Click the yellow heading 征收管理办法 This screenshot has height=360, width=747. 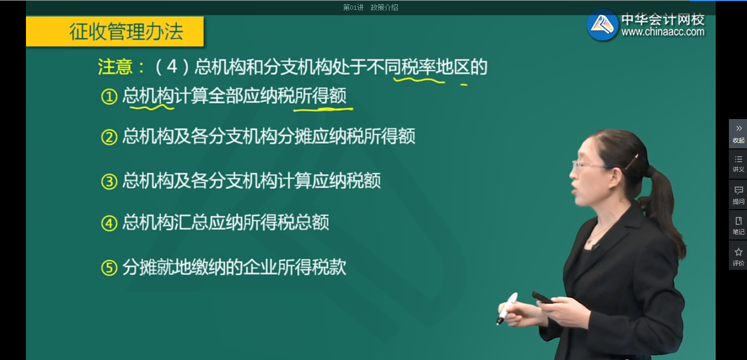click(x=126, y=32)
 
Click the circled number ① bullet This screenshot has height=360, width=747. click(x=108, y=96)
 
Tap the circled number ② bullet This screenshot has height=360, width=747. click(x=108, y=137)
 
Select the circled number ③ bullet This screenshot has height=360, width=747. click(x=108, y=182)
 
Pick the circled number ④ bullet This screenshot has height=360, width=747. click(x=108, y=223)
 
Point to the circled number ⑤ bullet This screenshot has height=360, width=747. click(x=108, y=267)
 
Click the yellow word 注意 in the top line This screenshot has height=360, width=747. click(x=115, y=67)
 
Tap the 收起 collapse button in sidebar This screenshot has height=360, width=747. click(x=738, y=133)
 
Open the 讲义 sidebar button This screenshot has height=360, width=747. click(x=738, y=164)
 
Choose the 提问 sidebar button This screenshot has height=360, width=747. click(x=738, y=194)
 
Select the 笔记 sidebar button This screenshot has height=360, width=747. click(x=738, y=225)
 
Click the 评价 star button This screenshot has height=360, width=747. click(x=738, y=256)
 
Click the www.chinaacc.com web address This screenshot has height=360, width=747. click(x=662, y=32)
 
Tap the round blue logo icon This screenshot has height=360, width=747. click(x=602, y=24)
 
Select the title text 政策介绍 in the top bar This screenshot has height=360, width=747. click(x=384, y=7)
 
